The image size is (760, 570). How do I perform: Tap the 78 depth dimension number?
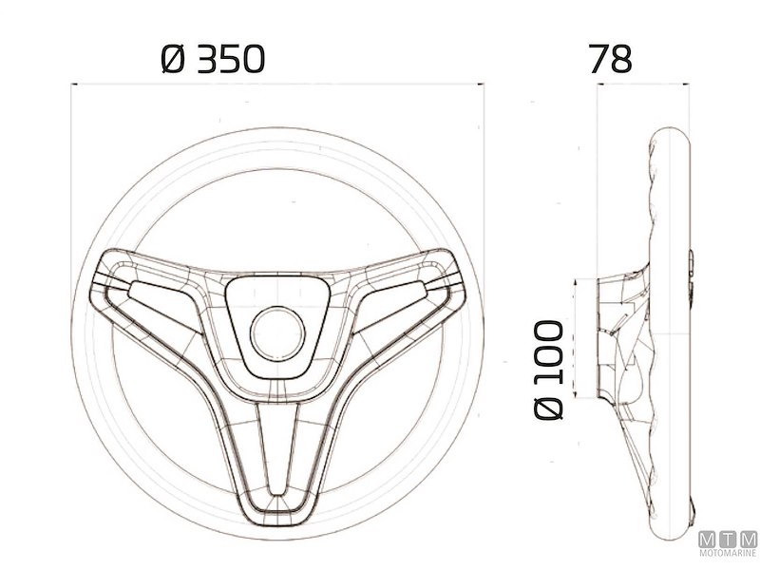610,59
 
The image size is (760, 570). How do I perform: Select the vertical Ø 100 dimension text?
549,370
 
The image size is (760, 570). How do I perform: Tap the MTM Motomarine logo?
730,544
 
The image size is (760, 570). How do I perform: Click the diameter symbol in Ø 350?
171,60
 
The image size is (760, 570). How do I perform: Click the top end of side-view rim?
672,135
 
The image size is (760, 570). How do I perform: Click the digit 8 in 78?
621,59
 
